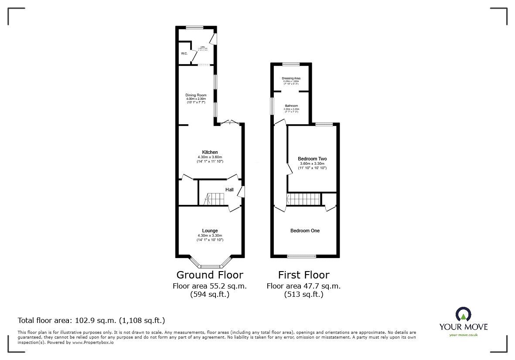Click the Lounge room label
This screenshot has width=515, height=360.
pos(210,231)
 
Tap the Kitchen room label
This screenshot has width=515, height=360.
pos(210,152)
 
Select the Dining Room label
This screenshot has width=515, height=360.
pos(196,95)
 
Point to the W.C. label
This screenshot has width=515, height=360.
pos(184,54)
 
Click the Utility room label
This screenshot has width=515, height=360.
pos(202,47)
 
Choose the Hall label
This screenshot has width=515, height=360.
pos(229,190)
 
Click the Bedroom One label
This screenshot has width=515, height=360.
pos(305,231)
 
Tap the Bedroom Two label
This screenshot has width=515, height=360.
pos(312,159)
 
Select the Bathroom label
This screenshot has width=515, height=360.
pos(291,106)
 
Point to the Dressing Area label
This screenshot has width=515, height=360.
pos(291,78)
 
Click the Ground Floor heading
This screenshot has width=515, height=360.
pos(209,275)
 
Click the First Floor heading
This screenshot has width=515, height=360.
pos(304,275)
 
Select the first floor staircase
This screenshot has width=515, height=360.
pos(304,199)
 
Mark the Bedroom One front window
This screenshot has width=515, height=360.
pos(302,256)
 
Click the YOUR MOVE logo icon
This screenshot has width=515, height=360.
pos(463,314)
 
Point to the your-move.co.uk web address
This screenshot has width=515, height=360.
pos(463,335)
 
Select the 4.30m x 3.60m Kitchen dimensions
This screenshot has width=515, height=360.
pos(210,157)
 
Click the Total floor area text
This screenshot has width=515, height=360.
pos(91,320)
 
